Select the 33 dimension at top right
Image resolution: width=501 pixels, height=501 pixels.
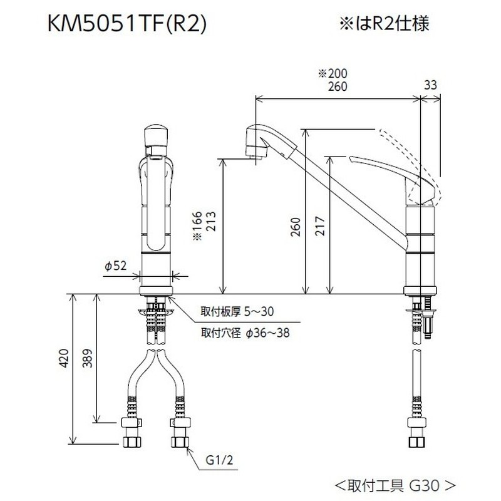(x=430, y=85)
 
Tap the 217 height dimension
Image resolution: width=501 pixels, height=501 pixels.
(x=320, y=222)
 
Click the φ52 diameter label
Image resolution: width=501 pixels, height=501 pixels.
(x=115, y=266)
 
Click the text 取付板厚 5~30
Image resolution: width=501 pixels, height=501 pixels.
(x=237, y=311)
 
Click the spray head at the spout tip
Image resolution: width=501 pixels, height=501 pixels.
(x=257, y=141)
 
